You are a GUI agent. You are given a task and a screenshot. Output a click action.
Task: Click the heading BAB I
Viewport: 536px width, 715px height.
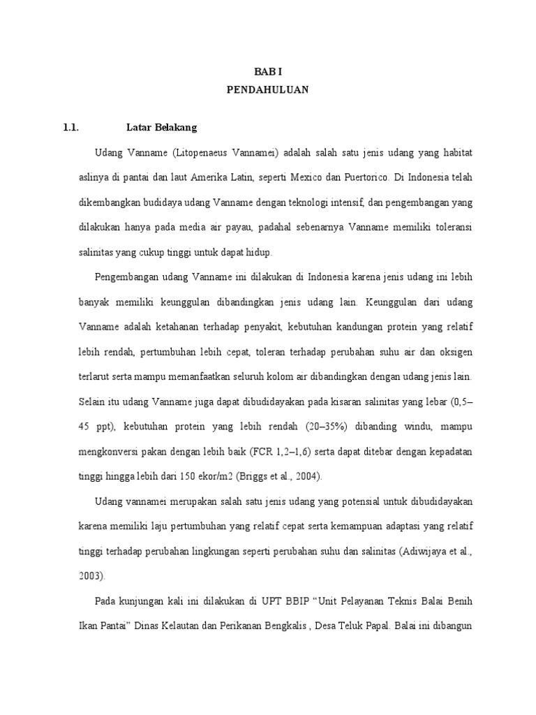tap(268, 72)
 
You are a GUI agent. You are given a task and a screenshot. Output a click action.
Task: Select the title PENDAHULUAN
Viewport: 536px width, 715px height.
tap(268, 90)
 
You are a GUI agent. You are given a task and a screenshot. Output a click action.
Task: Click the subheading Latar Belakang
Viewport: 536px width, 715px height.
tap(162, 128)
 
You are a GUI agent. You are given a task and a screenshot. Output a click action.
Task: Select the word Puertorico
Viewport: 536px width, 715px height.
tap(359, 177)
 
